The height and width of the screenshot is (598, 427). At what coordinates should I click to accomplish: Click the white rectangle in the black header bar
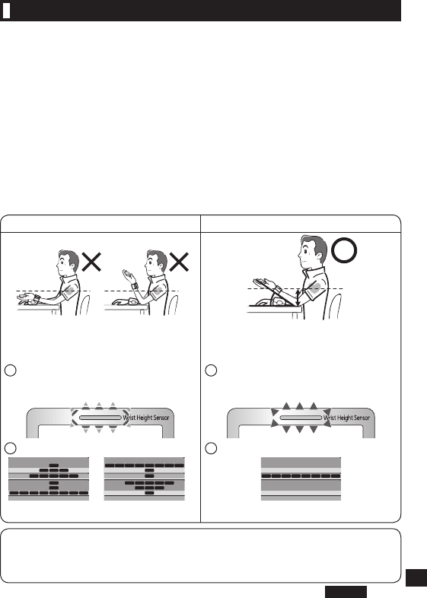(6, 11)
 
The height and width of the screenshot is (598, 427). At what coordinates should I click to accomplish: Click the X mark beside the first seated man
(91, 262)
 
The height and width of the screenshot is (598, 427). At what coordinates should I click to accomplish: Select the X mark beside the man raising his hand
(179, 262)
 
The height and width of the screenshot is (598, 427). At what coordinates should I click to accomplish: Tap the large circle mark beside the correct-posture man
(344, 250)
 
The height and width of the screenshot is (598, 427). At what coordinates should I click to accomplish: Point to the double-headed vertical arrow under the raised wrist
(298, 297)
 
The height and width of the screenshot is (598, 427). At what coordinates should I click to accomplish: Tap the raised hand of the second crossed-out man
(129, 275)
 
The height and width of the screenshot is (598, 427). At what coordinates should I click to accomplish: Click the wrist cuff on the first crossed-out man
(37, 298)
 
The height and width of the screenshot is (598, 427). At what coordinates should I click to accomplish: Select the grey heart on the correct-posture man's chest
(314, 288)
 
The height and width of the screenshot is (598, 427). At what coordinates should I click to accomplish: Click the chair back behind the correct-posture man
(335, 307)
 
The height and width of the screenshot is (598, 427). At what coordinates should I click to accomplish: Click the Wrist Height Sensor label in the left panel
(146, 418)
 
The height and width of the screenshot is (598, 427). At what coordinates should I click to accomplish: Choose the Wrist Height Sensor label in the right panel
(347, 418)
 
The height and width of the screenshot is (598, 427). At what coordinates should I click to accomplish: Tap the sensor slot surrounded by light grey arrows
(100, 418)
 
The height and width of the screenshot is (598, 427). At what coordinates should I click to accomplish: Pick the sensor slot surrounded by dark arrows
(301, 418)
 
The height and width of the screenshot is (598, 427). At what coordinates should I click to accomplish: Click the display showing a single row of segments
(301, 479)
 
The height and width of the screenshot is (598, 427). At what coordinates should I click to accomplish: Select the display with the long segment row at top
(145, 479)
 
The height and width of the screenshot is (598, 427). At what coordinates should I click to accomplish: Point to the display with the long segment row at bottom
(49, 479)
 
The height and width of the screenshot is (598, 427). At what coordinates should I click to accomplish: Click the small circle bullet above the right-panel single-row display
(211, 448)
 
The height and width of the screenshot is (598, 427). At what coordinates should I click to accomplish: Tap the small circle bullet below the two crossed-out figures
(11, 371)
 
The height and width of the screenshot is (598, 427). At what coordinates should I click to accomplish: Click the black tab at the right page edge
(416, 577)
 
